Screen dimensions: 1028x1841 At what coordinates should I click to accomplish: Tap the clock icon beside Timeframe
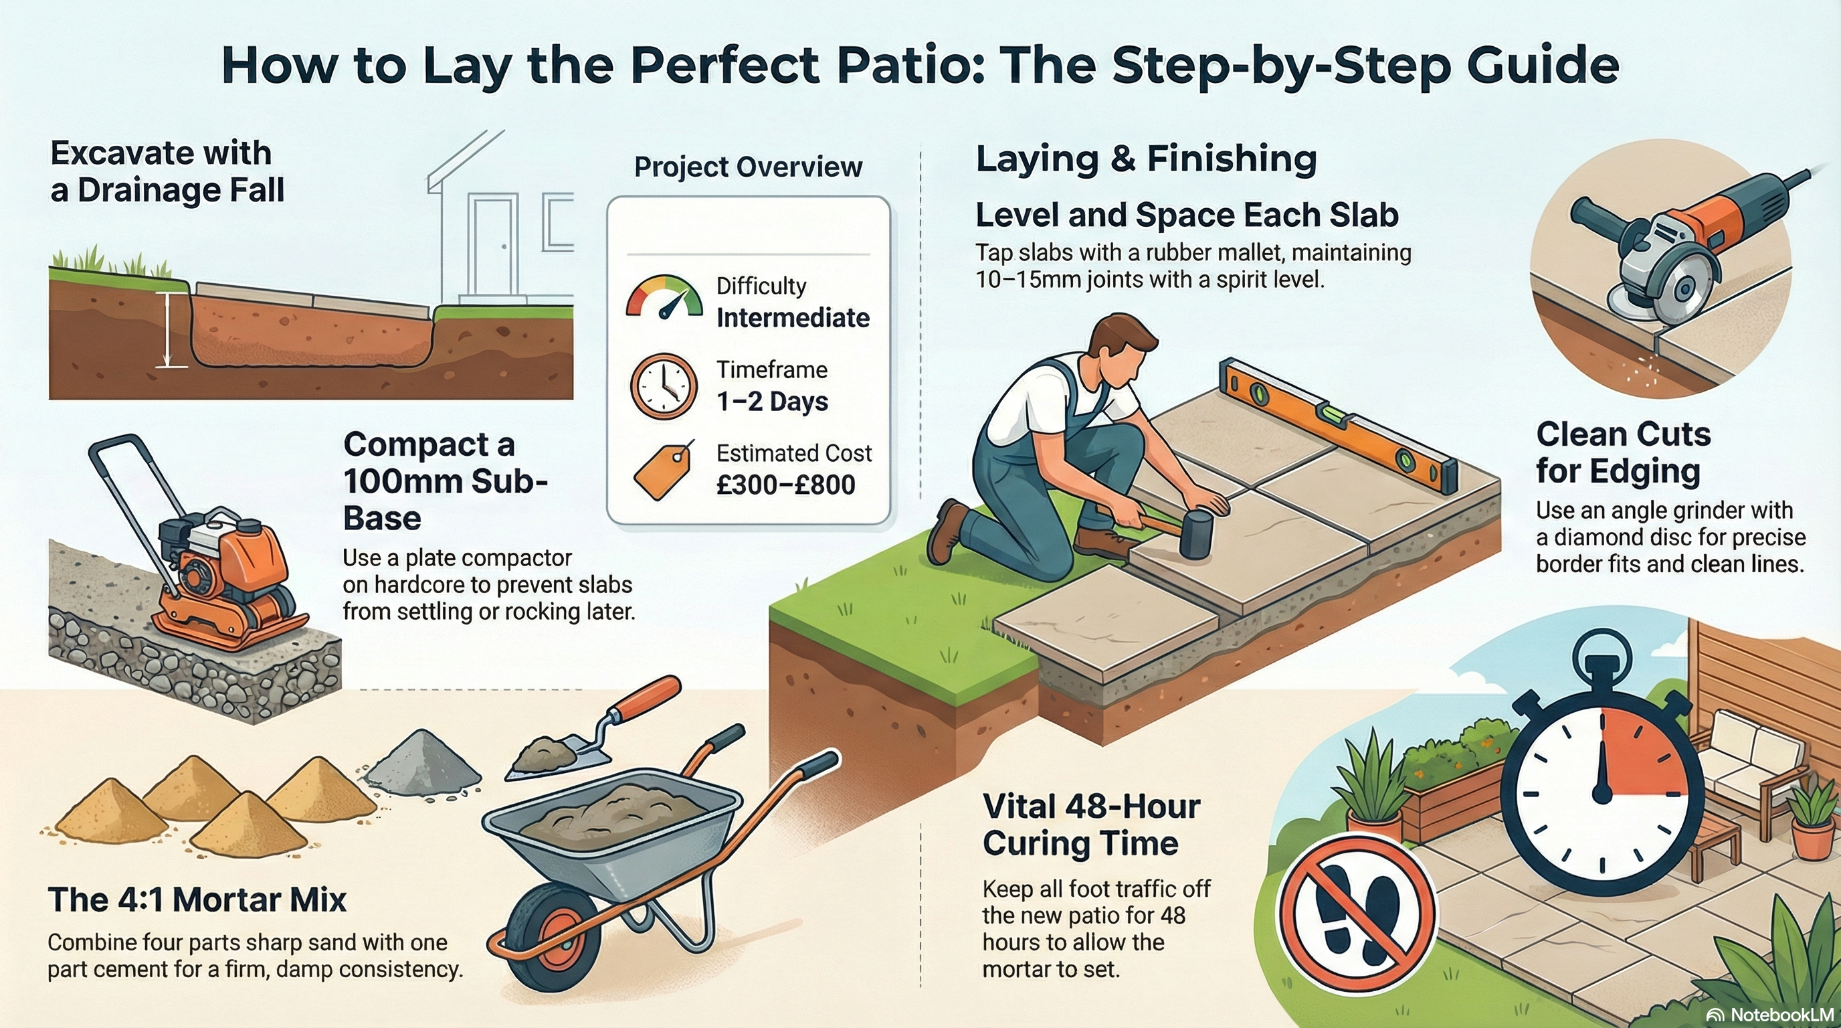pyautogui.click(x=663, y=386)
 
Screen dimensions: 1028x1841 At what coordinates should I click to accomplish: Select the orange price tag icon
pyautogui.click(x=664, y=470)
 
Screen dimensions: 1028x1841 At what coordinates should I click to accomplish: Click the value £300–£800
pyautogui.click(x=785, y=485)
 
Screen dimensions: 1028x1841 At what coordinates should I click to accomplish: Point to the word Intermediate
pyautogui.click(x=793, y=317)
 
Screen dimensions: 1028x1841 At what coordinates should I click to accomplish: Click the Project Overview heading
pyautogui.click(x=747, y=167)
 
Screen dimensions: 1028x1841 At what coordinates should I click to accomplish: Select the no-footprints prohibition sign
pyautogui.click(x=1357, y=914)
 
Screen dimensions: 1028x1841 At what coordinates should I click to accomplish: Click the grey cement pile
pyautogui.click(x=425, y=762)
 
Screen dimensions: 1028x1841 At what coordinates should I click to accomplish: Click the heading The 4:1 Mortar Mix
pyautogui.click(x=197, y=899)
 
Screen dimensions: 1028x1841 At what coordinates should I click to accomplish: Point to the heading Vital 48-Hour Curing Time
pyautogui.click(x=1090, y=825)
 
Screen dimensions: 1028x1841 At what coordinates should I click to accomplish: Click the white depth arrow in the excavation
pyautogui.click(x=168, y=329)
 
